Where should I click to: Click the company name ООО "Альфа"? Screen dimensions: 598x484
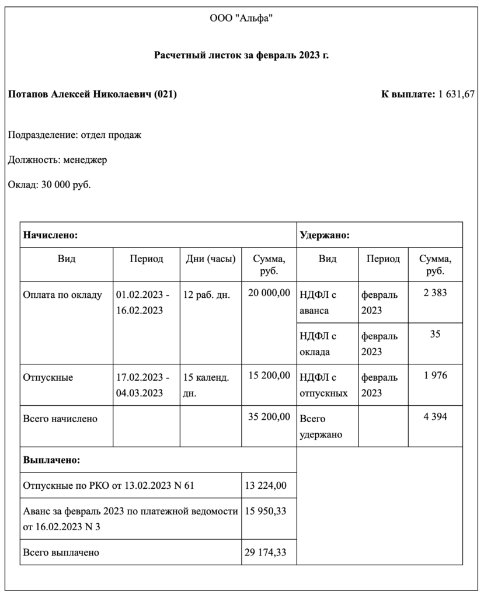(x=241, y=19)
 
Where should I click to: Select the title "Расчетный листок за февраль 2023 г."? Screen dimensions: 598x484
(x=241, y=55)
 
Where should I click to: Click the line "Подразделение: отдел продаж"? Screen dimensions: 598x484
(x=75, y=135)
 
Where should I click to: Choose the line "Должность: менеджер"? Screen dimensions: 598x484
(x=57, y=159)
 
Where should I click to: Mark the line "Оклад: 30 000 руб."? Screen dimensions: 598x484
(x=50, y=185)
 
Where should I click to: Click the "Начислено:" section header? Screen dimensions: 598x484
(x=51, y=235)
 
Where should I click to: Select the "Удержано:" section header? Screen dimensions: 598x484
(x=325, y=235)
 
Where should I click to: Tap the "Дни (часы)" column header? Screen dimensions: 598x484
(x=210, y=258)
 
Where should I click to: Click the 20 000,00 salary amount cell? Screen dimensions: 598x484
(x=269, y=293)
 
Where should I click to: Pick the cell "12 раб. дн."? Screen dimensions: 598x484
(x=207, y=294)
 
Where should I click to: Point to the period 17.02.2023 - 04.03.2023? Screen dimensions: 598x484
(x=143, y=384)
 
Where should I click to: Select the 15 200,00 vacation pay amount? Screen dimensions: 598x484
(x=269, y=376)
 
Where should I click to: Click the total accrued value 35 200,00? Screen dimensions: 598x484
(x=269, y=417)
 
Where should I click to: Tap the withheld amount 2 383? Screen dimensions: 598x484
(x=436, y=293)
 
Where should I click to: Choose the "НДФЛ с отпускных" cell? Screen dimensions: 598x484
(x=323, y=385)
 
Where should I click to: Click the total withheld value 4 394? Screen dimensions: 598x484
(x=436, y=417)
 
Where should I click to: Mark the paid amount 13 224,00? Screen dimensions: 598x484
(x=265, y=485)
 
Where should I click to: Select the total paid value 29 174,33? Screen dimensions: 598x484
(x=265, y=552)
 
